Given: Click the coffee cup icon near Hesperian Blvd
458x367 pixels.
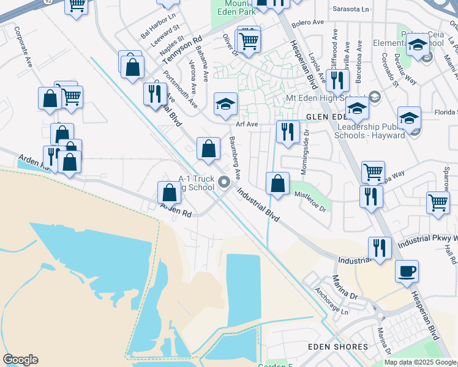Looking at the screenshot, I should coord(407,272).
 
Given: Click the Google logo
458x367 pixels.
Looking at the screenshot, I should coord(20,360).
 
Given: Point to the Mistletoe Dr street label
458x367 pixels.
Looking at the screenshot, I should coord(310,201).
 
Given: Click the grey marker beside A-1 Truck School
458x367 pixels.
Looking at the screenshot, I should coord(224,182).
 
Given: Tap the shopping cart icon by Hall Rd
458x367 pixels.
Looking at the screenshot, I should coord(438,202).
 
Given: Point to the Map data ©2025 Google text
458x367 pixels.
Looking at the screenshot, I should coord(421,362).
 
